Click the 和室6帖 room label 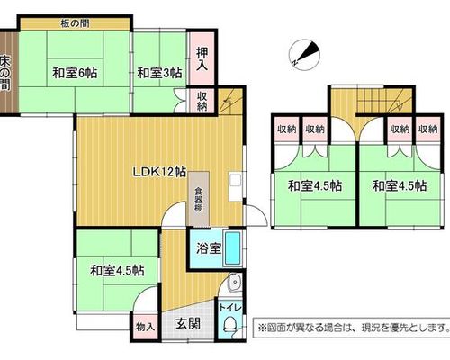pyautogui.click(x=75, y=73)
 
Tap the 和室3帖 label pyautogui.click(x=159, y=73)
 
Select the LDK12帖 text pyautogui.click(x=159, y=172)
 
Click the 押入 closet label pyautogui.click(x=202, y=58)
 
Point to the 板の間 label pyautogui.click(x=75, y=23)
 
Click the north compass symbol pyautogui.click(x=305, y=55)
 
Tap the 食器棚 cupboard pyautogui.click(x=198, y=199)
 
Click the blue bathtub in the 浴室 pyautogui.click(x=233, y=248)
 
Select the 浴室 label pyautogui.click(x=209, y=248)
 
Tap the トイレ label pyautogui.click(x=230, y=308)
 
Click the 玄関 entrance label pyautogui.click(x=188, y=323)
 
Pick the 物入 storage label pyautogui.click(x=145, y=327)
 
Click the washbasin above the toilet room pyautogui.click(x=233, y=283)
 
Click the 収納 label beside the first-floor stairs pyautogui.click(x=202, y=101)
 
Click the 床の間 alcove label pyautogui.click(x=5, y=72)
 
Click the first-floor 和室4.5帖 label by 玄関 pyautogui.click(x=117, y=271)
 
